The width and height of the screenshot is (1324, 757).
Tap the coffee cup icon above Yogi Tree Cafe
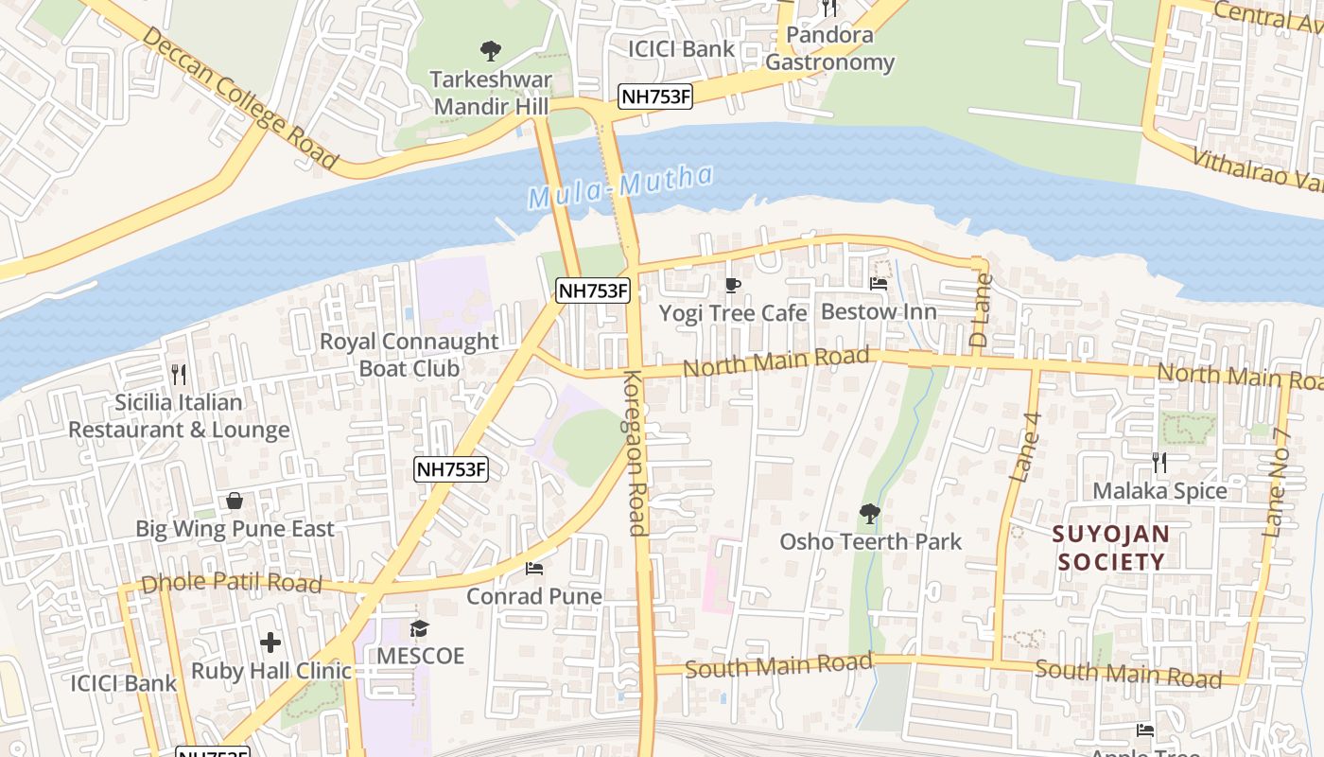tap(733, 285)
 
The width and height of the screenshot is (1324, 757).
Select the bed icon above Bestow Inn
tap(879, 283)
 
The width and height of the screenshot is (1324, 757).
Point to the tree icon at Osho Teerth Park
tap(869, 514)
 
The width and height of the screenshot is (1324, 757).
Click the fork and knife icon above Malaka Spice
tap(1159, 463)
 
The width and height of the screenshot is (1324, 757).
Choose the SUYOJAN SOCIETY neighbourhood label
tap(1111, 548)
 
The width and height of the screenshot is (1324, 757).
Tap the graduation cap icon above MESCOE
tap(420, 628)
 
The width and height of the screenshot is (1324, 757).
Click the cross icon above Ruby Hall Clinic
tap(270, 643)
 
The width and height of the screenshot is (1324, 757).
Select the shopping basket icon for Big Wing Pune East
tap(235, 501)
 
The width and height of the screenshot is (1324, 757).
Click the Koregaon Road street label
tap(635, 452)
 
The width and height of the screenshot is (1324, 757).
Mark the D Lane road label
tap(981, 309)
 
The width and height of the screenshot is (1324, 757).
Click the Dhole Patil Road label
tap(231, 583)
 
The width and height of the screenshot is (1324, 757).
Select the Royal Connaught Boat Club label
tap(409, 355)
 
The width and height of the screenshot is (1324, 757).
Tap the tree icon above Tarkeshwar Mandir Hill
tap(490, 50)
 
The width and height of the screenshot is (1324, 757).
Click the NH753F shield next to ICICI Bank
tap(655, 97)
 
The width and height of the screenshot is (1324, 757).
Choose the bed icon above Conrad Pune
tap(534, 569)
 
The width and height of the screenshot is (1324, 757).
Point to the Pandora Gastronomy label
tap(829, 49)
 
